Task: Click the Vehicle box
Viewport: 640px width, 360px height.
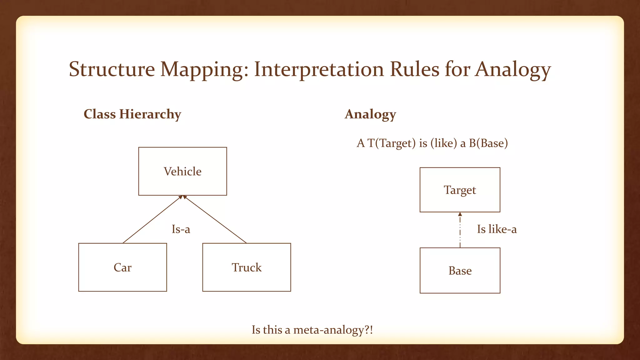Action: [182, 171]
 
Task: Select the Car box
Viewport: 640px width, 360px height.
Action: [122, 267]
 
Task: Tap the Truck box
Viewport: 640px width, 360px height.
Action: [247, 267]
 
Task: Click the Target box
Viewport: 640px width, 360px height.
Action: [460, 190]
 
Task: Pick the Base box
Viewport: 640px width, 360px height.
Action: [460, 271]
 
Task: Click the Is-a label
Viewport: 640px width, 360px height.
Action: [181, 229]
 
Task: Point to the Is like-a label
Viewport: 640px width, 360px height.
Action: [497, 229]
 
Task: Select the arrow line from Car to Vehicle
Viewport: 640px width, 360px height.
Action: [152, 219]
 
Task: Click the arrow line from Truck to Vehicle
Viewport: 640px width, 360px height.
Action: [215, 219]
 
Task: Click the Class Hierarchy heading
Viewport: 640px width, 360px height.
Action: [132, 114]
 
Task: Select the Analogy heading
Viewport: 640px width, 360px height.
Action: [370, 114]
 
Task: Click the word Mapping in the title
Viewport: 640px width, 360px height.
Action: [204, 69]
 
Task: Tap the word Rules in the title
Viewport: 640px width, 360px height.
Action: [414, 69]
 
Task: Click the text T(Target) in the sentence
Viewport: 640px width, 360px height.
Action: [392, 143]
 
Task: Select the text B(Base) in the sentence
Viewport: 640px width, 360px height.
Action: [488, 143]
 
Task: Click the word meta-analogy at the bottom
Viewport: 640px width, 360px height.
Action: [329, 330]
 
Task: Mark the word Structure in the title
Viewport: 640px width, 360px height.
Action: [112, 69]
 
